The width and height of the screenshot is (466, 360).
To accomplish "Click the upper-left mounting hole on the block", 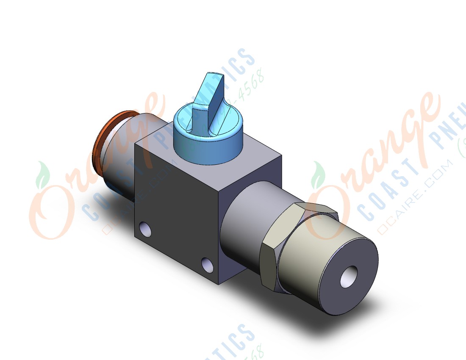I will coord(145,229).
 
